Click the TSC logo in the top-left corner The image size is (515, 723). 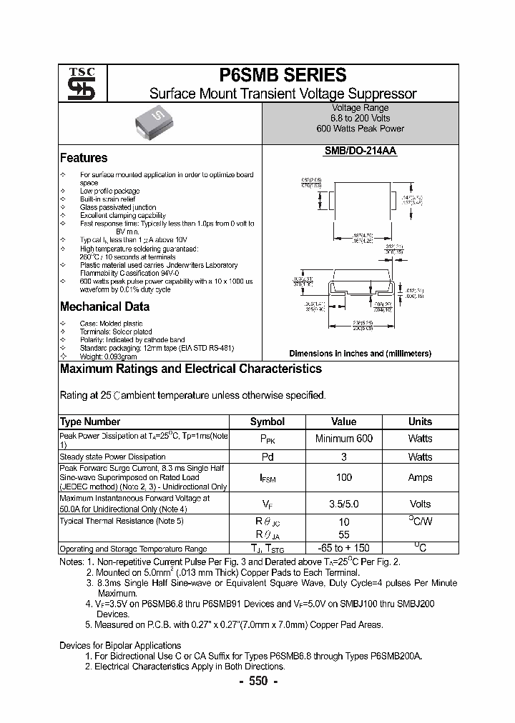(x=76, y=84)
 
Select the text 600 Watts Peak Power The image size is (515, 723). (x=360, y=129)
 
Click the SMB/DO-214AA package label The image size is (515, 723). (x=360, y=151)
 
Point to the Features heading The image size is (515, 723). (x=84, y=158)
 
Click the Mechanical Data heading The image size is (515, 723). (x=104, y=306)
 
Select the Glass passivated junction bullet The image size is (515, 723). (x=118, y=207)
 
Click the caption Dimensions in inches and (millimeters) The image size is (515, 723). (x=360, y=354)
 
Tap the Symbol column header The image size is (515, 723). (x=267, y=422)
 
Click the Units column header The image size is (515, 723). (x=420, y=422)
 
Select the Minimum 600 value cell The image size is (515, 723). (x=343, y=439)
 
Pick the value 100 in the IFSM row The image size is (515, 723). (x=343, y=477)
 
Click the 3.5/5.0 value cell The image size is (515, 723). (x=343, y=504)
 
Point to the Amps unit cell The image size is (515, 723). (x=420, y=477)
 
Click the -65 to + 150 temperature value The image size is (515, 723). (x=343, y=548)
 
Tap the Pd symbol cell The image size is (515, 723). (x=267, y=457)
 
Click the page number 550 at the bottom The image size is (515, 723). (x=257, y=681)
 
